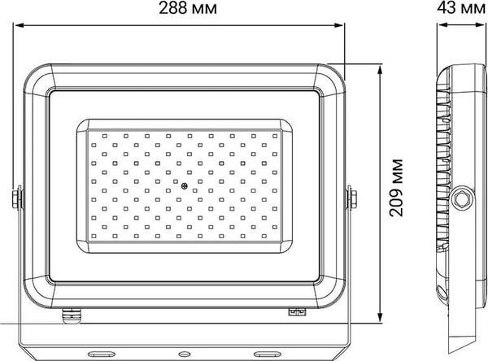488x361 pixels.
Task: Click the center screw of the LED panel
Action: click(x=185, y=187)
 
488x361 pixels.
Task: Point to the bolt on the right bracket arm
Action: click(x=353, y=198)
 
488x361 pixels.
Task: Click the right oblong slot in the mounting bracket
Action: click(x=267, y=354)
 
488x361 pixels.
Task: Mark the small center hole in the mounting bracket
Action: click(x=184, y=354)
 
